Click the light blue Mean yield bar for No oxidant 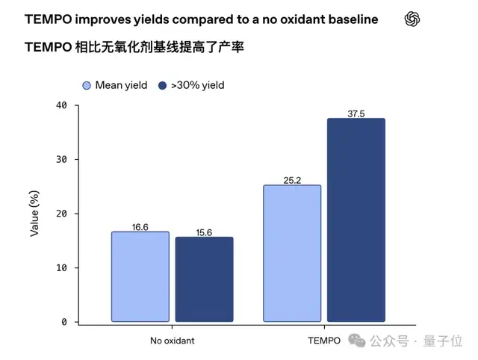point(140,276)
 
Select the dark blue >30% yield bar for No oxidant point(204,279)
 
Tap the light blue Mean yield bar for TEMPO point(292,253)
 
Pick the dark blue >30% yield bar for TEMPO point(356,220)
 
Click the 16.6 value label point(140,227)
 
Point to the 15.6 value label point(204,232)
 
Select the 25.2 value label point(292,180)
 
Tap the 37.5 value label point(356,114)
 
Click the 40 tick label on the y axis point(61,105)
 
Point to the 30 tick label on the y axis point(61,159)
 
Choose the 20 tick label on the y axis point(61,214)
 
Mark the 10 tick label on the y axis point(61,268)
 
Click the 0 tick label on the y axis point(64,322)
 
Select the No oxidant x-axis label point(173,341)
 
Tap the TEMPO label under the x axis point(324,341)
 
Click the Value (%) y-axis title point(34,214)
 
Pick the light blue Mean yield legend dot point(87,86)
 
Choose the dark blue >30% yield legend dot point(163,86)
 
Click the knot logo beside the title point(412,19)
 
